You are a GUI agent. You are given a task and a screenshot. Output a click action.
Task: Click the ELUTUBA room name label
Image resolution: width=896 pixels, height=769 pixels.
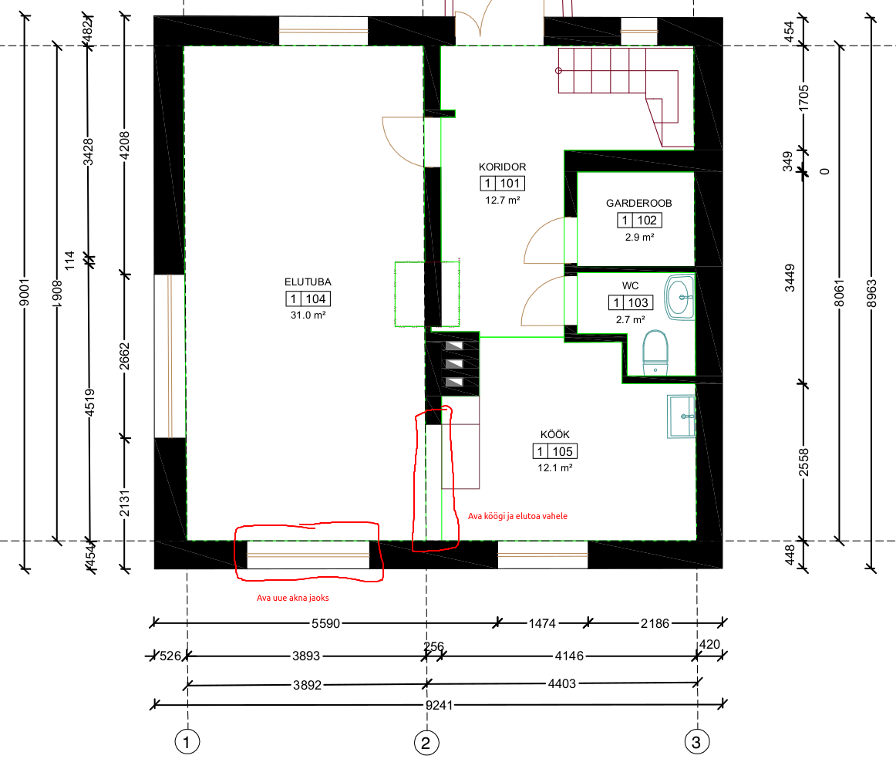pyautogui.click(x=308, y=282)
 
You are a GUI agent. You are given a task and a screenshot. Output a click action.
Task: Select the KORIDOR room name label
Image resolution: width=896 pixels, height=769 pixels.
pyautogui.click(x=502, y=167)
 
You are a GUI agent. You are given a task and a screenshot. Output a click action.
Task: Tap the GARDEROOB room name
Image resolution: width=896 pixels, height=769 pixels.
pyautogui.click(x=639, y=203)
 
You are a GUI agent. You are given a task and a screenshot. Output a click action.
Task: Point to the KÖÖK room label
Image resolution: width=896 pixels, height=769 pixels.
pyautogui.click(x=555, y=434)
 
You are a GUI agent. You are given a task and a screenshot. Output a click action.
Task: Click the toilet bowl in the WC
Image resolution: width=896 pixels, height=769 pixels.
pyautogui.click(x=655, y=352)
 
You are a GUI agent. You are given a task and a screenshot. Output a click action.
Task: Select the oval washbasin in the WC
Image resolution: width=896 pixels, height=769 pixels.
pyautogui.click(x=679, y=297)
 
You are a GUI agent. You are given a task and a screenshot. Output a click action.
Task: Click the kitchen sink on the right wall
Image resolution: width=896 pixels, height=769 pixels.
pyautogui.click(x=681, y=417)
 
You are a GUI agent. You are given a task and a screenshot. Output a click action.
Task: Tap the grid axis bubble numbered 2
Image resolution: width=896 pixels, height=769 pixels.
pyautogui.click(x=426, y=743)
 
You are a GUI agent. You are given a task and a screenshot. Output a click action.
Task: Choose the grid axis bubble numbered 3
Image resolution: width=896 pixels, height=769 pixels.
pyautogui.click(x=696, y=742)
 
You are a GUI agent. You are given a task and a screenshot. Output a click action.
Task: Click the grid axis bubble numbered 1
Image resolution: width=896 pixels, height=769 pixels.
pyautogui.click(x=187, y=742)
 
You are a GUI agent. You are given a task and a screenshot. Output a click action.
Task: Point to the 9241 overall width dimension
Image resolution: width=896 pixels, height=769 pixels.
pyautogui.click(x=439, y=706)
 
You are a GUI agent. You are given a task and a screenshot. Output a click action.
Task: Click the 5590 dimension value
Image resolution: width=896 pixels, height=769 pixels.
pyautogui.click(x=325, y=623)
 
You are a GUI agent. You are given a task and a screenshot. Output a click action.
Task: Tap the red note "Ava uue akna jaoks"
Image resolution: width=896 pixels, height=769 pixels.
pyautogui.click(x=292, y=598)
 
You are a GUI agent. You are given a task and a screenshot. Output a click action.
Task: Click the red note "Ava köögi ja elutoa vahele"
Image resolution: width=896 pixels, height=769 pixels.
pyautogui.click(x=517, y=516)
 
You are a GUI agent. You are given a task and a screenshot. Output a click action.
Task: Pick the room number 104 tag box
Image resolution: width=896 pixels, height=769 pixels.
pyautogui.click(x=308, y=298)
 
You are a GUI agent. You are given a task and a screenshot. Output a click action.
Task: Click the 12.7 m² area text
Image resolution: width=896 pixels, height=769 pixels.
pyautogui.click(x=502, y=200)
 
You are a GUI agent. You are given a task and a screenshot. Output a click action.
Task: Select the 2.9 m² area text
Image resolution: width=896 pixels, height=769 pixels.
pyautogui.click(x=639, y=237)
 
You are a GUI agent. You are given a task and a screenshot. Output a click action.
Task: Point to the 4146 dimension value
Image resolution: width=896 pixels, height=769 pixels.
pyautogui.click(x=569, y=656)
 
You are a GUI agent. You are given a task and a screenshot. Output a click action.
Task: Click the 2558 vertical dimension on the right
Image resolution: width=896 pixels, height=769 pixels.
pyautogui.click(x=803, y=462)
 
